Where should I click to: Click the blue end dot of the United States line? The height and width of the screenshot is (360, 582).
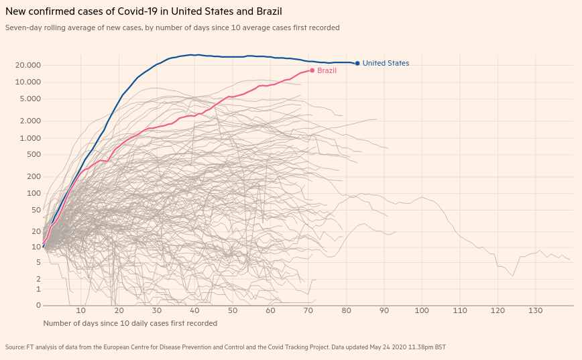coord(357,64)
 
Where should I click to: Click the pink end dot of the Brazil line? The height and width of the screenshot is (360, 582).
coord(312,70)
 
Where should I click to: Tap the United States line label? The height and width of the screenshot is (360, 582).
coord(386,64)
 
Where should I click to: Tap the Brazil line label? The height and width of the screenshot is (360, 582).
coord(327,70)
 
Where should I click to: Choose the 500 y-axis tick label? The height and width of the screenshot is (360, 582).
coord(35,155)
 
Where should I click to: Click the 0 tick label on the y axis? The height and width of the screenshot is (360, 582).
coord(39,306)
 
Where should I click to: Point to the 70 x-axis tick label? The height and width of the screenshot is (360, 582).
coord(308,311)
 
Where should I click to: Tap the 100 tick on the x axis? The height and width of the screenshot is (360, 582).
coord(422,311)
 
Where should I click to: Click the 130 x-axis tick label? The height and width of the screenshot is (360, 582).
coord(535,311)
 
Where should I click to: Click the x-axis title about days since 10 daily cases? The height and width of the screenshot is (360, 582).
coord(130,323)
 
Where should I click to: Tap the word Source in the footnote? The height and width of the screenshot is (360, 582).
coord(15,347)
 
